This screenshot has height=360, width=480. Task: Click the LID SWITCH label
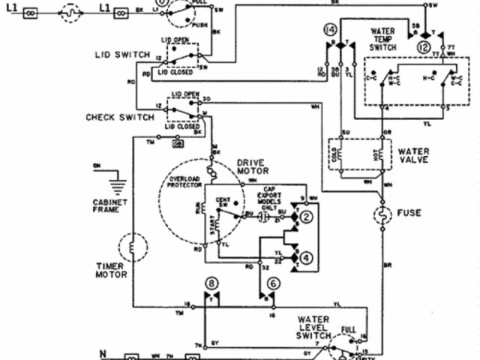124,55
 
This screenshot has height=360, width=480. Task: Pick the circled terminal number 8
212,283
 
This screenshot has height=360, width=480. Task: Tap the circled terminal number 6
274,283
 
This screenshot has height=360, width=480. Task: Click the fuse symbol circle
383,217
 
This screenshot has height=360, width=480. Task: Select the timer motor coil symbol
133,247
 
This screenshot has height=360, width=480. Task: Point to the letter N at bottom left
103,351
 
